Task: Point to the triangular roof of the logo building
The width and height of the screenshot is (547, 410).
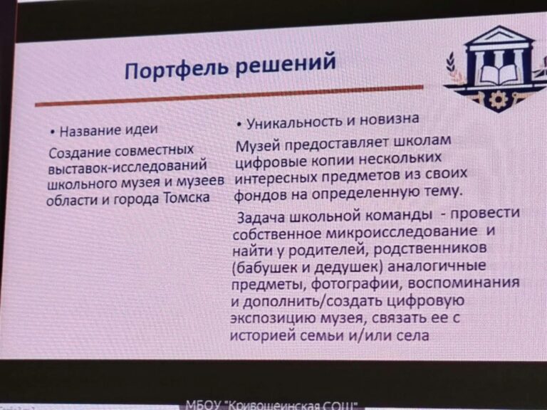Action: (x=499, y=35)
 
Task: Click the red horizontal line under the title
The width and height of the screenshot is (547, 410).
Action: (x=229, y=95)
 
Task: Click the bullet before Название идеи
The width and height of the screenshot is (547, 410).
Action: (x=52, y=132)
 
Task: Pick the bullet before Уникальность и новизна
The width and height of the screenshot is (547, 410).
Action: (x=239, y=125)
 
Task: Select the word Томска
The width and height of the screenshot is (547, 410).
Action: (x=187, y=198)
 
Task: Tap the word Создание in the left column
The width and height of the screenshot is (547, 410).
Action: (x=80, y=152)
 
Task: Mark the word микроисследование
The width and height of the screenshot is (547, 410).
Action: (x=401, y=231)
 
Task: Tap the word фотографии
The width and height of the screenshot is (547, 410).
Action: (x=355, y=285)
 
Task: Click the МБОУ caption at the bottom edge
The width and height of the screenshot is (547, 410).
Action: (x=271, y=405)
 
